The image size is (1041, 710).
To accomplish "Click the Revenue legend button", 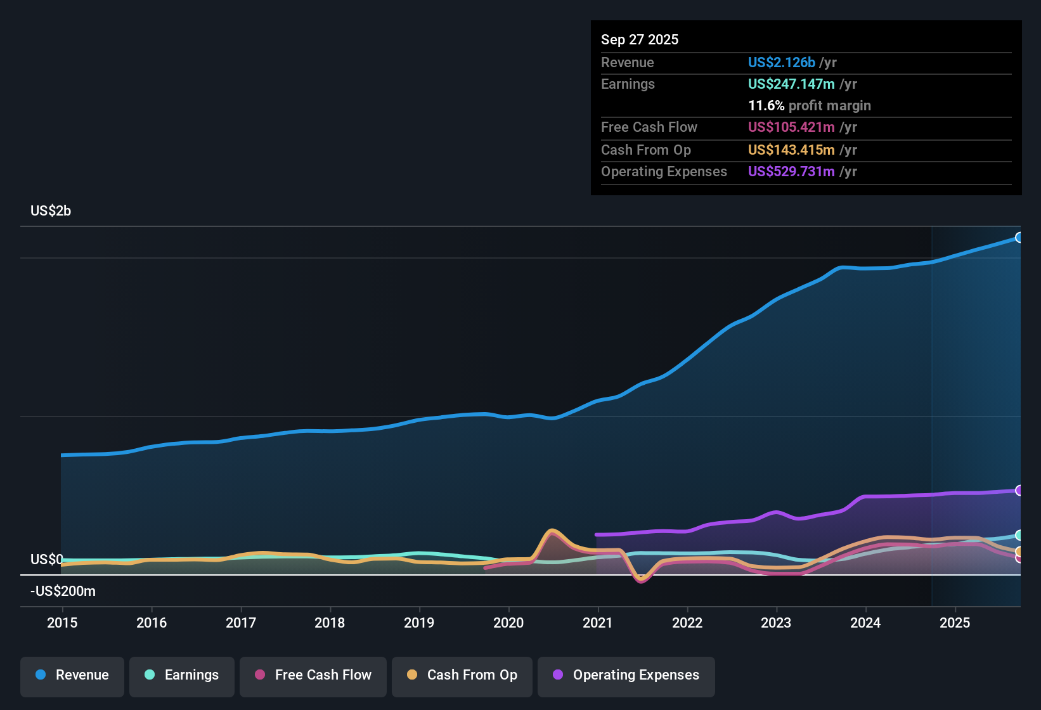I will (72, 675).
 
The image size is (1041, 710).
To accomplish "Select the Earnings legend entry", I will (182, 675).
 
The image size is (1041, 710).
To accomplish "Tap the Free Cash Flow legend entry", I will (313, 675).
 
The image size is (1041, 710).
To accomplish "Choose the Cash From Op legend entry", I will (462, 675).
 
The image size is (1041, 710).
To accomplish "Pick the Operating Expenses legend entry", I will (626, 675).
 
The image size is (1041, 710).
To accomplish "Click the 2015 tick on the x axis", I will (62, 623).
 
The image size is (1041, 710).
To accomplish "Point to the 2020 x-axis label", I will (508, 623).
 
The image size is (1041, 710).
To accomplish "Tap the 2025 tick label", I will (955, 623).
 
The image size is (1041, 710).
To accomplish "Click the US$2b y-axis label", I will (51, 211).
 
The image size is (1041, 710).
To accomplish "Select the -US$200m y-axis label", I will (63, 591).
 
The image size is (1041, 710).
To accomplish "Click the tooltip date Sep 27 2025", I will (640, 40).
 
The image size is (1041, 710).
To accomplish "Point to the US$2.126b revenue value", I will (781, 63).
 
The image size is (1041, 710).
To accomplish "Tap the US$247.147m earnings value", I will (791, 84).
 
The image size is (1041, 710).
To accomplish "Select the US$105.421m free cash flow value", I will (791, 127).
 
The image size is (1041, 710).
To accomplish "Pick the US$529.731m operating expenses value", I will (791, 172).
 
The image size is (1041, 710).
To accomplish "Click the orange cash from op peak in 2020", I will (552, 531).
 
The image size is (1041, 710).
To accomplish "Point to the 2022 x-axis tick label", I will (687, 623).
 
